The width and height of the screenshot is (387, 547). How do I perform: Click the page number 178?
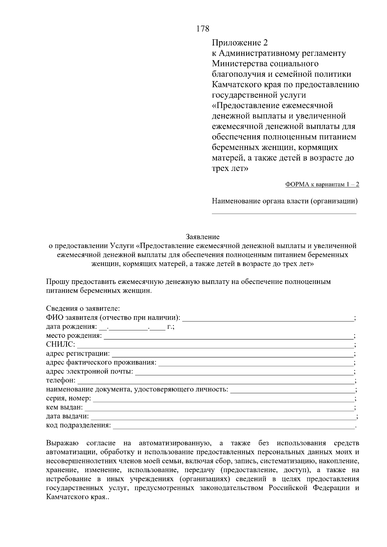(203, 29)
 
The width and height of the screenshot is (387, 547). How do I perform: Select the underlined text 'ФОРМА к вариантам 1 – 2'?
(322, 184)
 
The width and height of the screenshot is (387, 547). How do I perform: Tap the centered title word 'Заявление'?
(203, 237)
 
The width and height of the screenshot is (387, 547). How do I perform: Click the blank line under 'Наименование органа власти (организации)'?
(284, 212)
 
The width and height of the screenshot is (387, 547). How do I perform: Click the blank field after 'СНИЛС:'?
(214, 345)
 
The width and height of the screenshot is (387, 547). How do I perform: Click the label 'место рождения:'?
(74, 336)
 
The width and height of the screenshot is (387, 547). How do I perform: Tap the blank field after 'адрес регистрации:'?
(232, 354)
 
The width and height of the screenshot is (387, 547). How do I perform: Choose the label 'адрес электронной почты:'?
(90, 371)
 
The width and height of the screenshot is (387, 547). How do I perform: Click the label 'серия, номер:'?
(68, 398)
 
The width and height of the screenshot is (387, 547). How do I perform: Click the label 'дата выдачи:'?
(67, 416)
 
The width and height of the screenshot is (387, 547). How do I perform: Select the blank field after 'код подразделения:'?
(234, 426)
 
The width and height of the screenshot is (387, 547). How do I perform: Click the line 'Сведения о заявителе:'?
(83, 308)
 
